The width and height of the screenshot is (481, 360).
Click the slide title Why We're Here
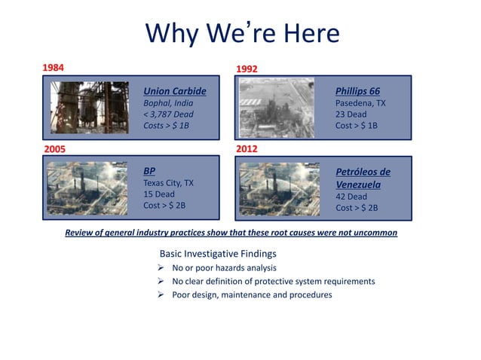241,33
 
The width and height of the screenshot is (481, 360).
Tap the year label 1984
53,67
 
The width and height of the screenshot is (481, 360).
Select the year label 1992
247,69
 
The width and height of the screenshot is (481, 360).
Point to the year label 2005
53,149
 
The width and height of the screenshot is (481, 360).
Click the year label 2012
247,149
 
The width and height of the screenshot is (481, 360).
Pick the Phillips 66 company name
357,90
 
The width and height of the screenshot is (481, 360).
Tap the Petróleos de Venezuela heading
363,178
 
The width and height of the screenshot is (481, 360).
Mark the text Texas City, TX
168,183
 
